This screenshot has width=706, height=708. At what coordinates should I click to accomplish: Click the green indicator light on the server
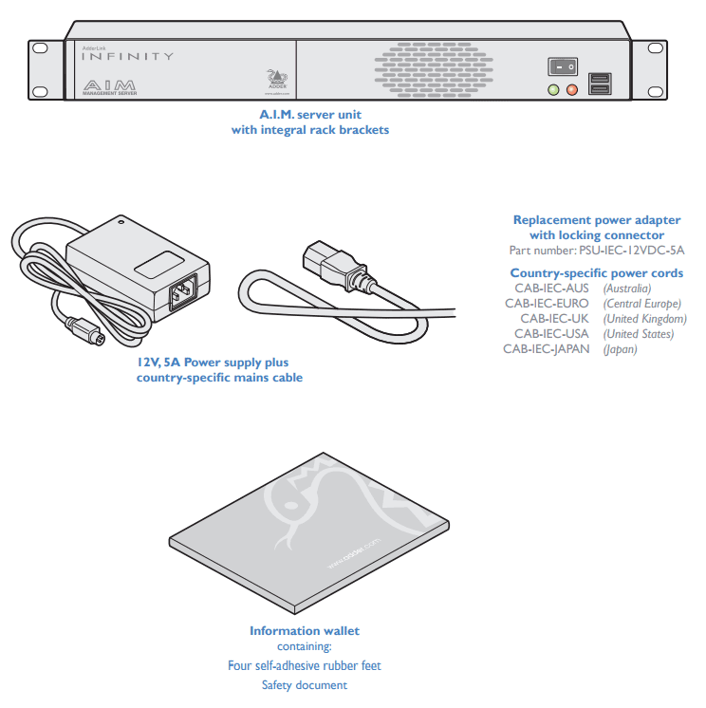553,90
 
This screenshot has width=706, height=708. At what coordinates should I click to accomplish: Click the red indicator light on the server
571,90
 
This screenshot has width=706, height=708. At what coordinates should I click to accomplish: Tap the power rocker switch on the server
562,66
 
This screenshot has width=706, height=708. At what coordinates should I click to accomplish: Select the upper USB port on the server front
600,78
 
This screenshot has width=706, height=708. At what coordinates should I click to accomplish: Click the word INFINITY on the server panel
127,56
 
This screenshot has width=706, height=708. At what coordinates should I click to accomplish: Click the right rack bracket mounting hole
656,47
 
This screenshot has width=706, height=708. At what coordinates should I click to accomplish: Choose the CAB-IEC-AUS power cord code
551,289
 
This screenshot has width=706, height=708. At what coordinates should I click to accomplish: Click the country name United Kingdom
644,319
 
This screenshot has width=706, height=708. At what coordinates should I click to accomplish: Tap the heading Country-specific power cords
596,273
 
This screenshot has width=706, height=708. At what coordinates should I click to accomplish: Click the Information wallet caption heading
305,631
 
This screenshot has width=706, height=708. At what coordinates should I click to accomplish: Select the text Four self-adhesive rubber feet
305,665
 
